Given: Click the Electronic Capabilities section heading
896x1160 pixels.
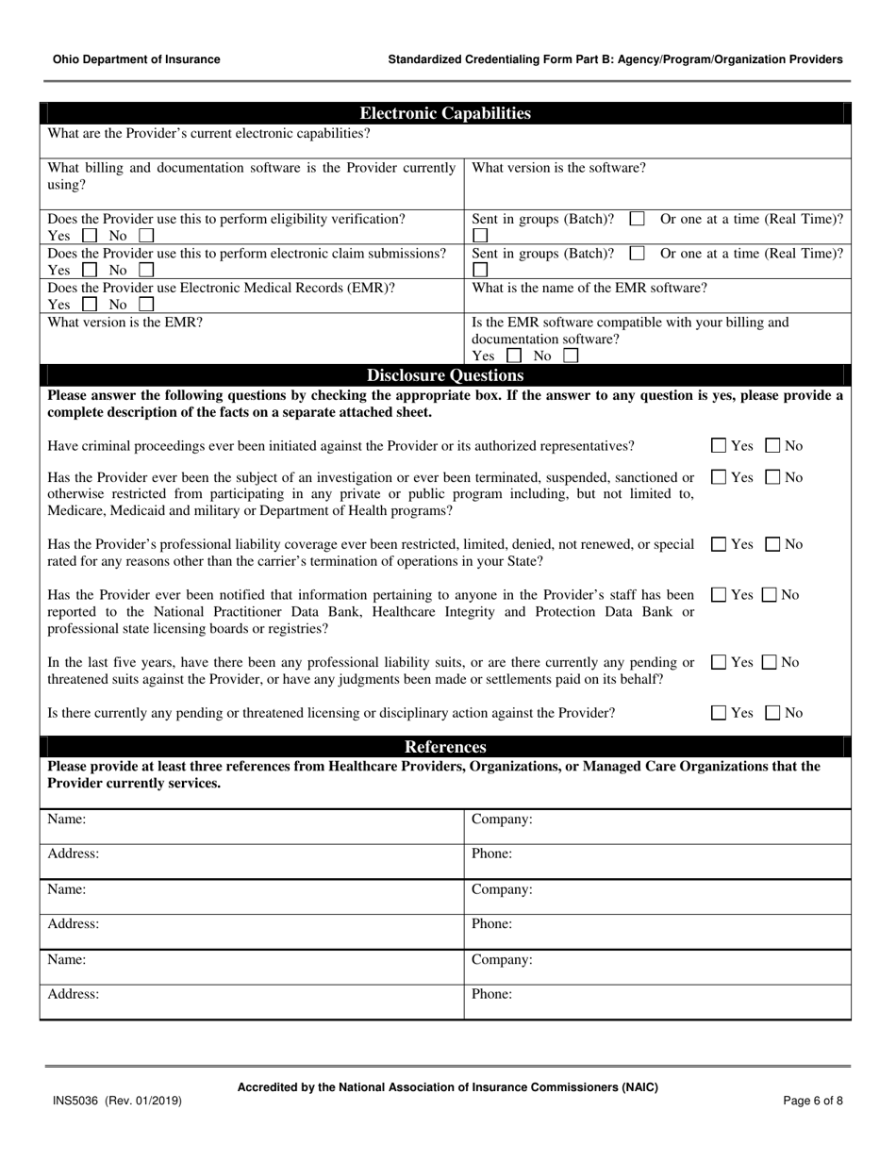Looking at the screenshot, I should coord(445,113).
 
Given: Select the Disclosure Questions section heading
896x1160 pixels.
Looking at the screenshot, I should coord(445,375).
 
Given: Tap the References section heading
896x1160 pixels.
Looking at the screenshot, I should coord(445,747).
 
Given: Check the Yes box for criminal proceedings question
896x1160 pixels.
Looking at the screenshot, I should coord(719,446).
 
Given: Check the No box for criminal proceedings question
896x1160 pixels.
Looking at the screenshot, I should coord(772,446).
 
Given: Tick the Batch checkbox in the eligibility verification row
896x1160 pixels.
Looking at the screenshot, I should coord(637,219).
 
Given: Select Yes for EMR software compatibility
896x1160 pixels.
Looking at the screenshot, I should coord(513,356).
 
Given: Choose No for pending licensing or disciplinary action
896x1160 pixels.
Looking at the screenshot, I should coord(772,713).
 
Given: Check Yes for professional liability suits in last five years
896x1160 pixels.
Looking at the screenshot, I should coord(719,663).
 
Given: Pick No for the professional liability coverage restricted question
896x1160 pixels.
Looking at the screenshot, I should coord(772,544).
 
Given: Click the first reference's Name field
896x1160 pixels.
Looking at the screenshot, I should coord(252,826).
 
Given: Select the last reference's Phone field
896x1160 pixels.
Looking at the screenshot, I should coord(656,1002).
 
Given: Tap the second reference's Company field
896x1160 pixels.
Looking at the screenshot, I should coord(656,896).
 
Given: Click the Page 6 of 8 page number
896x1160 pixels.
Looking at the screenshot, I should coord(813,1101).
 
